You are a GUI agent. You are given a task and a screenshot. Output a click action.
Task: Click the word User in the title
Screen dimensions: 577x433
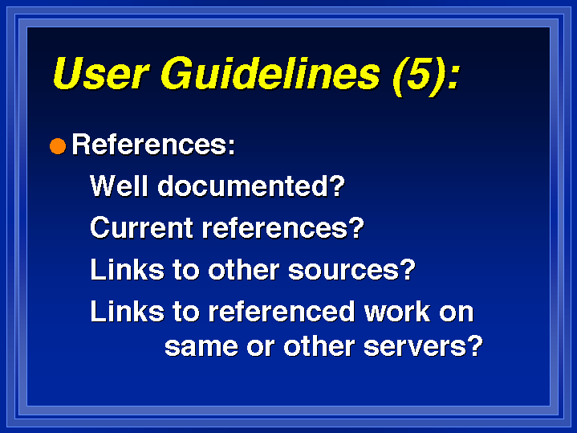tap(101, 73)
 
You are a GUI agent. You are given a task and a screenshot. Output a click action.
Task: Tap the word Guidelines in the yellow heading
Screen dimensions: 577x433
tap(270, 73)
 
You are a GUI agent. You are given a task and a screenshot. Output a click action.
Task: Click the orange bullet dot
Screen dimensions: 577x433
tap(58, 146)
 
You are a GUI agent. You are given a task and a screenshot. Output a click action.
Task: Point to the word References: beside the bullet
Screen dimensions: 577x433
tap(153, 145)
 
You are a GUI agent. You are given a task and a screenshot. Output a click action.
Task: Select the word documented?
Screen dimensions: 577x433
tap(251, 186)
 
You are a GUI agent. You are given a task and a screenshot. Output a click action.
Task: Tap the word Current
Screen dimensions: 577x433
tap(141, 227)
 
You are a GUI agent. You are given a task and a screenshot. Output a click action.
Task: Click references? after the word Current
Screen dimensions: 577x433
tap(283, 227)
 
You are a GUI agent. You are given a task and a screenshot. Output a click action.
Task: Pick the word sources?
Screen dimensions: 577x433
tap(351, 269)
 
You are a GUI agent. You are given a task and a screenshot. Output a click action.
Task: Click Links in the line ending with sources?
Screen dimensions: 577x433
tap(127, 269)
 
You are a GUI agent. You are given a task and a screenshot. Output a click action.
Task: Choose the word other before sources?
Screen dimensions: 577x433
tap(244, 269)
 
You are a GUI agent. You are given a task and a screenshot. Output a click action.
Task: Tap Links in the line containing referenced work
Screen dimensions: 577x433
tap(127, 312)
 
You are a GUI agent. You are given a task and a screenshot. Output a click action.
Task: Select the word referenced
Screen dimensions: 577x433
tap(282, 312)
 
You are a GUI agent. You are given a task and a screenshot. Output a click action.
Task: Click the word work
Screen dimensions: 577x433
tap(397, 312)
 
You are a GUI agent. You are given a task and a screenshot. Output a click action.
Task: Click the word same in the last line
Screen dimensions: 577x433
tap(201, 347)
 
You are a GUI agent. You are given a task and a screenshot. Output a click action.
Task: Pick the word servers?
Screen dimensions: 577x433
tap(423, 346)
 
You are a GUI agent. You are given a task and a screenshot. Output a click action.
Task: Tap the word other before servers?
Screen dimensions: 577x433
tap(319, 346)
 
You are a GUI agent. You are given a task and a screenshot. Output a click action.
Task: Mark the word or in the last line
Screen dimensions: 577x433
tap(261, 348)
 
